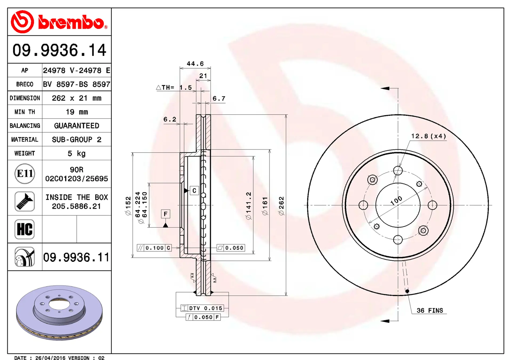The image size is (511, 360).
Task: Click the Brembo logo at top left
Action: point(59,22)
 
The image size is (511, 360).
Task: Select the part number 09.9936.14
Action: point(59,50)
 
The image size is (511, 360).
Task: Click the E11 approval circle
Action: point(25,174)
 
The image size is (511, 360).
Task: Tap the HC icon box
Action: point(24,229)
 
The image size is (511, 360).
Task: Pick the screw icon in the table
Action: point(24,201)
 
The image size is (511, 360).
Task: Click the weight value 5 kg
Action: point(76,153)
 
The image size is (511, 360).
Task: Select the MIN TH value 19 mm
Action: point(76,112)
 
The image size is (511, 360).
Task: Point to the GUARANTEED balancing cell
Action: point(76,126)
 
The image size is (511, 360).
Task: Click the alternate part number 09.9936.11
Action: point(76,258)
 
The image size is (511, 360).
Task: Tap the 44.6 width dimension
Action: point(195,64)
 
